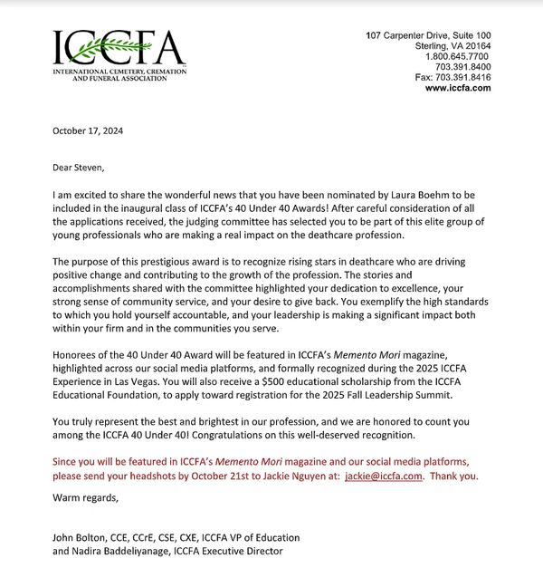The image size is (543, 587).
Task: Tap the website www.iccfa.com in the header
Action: click(x=458, y=89)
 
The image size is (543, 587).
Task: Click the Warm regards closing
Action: click(x=84, y=496)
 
